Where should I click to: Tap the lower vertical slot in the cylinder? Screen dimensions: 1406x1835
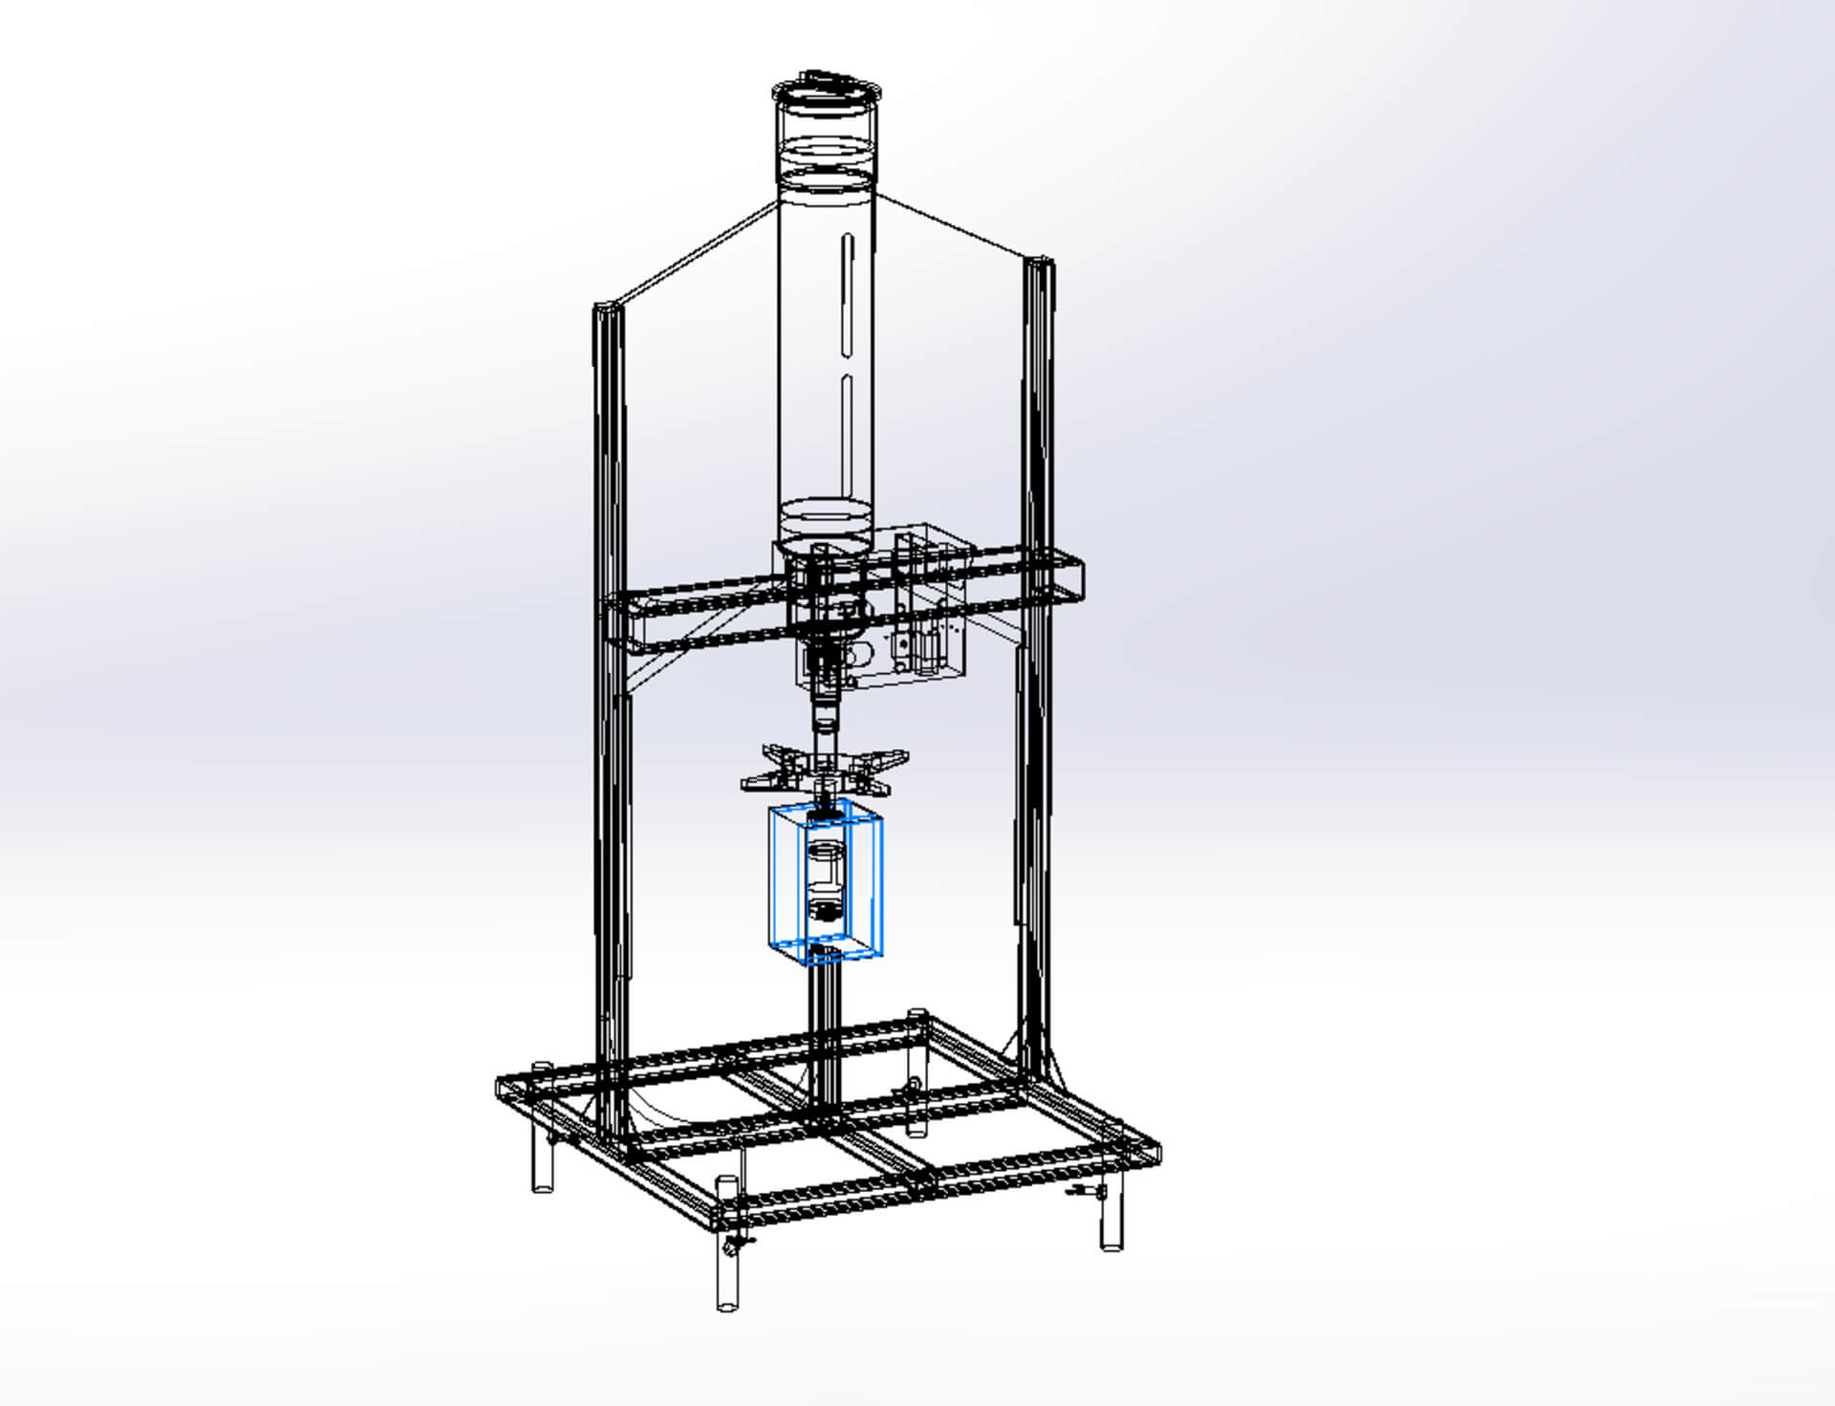[847, 435]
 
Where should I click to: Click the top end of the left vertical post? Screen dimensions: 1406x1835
[608, 312]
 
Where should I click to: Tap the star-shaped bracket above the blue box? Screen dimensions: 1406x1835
[824, 770]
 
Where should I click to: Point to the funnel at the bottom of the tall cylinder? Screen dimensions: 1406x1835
[826, 535]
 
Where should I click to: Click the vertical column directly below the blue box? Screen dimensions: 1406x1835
[825, 1032]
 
